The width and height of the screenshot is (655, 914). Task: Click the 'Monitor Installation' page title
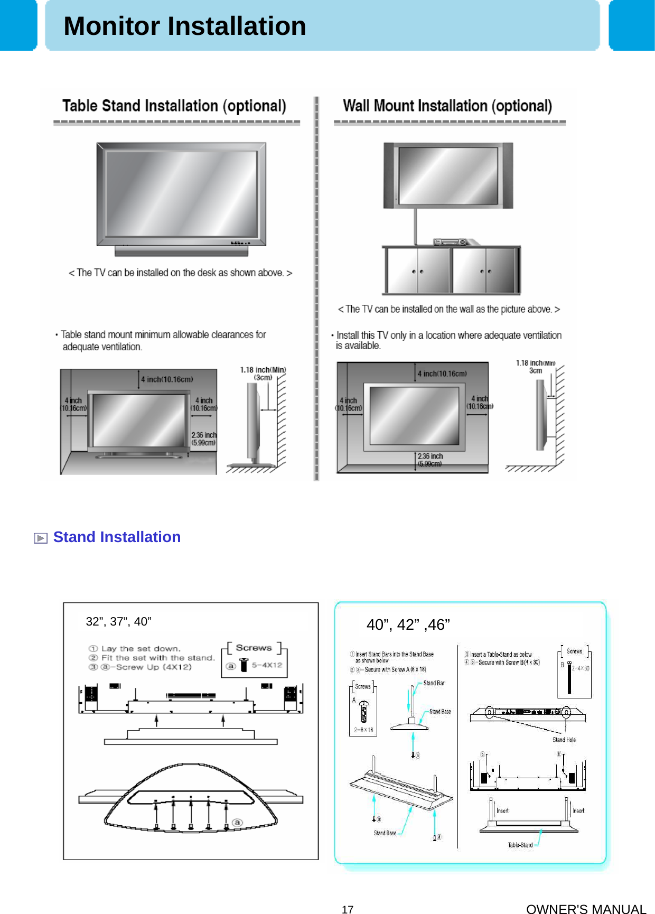pos(184,26)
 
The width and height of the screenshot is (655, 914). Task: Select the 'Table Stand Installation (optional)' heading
pos(174,106)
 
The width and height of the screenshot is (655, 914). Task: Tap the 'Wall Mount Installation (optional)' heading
pos(447,106)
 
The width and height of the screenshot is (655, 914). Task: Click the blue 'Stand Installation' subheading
pos(117,537)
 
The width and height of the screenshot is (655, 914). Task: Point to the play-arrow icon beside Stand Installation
pos(41,538)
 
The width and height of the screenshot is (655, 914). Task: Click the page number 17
pos(347,909)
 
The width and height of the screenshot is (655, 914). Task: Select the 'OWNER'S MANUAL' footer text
pos(586,909)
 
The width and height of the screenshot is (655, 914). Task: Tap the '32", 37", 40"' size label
pos(118,621)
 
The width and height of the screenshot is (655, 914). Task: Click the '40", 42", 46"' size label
pos(408,624)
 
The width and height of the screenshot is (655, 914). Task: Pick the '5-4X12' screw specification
pos(267,665)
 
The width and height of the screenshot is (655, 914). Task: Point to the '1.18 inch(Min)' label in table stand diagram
pos(263,370)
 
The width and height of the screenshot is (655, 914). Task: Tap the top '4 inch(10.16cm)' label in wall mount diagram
pos(442,374)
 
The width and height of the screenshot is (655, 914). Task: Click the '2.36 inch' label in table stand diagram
pos(204,435)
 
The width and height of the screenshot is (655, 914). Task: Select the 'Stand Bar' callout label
pos(434,683)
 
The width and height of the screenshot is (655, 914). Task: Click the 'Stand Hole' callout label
pos(564,740)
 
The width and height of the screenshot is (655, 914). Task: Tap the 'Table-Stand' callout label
pos(520,845)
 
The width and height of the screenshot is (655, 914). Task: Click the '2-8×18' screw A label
pos(363,730)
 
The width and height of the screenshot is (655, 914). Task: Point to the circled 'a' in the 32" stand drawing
pos(237,822)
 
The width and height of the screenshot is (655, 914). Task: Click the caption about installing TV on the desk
pos(180,273)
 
